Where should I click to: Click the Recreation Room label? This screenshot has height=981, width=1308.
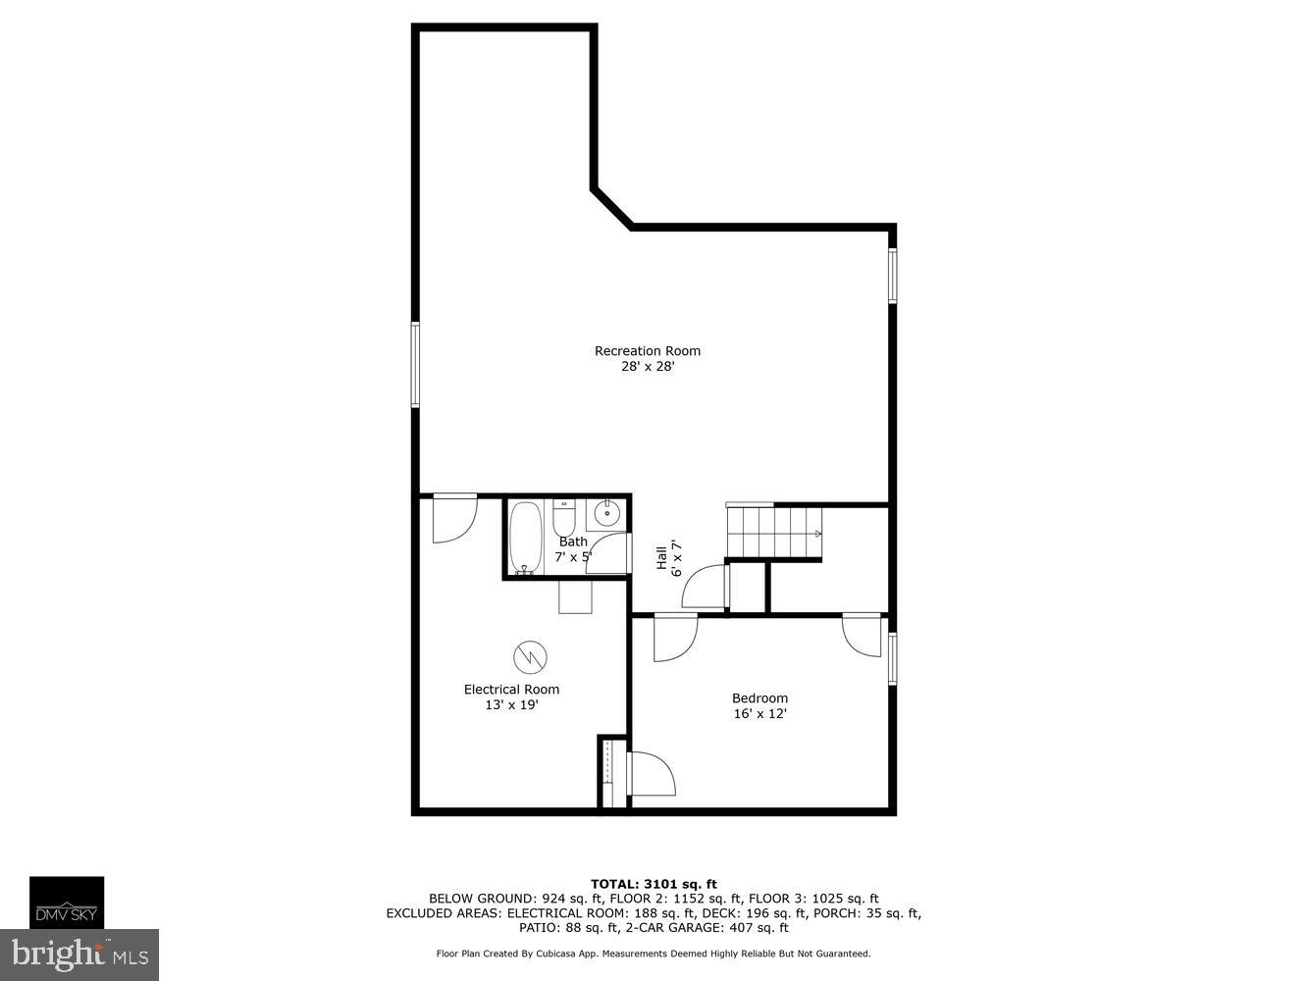(648, 351)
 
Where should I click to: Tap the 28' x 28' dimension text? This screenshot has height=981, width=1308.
(648, 367)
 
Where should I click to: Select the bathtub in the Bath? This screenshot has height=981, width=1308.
(525, 537)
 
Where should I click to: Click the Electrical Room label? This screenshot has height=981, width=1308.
(511, 690)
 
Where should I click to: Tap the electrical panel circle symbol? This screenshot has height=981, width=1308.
(530, 656)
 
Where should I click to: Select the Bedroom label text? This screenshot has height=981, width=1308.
(759, 698)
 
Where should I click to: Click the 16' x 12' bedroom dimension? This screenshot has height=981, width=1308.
(759, 714)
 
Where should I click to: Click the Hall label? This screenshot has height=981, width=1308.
(662, 557)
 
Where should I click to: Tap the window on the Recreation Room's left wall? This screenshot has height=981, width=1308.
(415, 364)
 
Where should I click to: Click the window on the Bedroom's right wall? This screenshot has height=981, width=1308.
(892, 657)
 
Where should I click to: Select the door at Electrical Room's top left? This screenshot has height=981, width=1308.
(453, 518)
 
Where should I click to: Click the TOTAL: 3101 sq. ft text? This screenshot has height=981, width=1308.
(654, 884)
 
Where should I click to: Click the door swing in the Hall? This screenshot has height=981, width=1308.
(705, 589)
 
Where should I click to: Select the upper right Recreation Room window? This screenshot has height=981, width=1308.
(892, 276)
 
